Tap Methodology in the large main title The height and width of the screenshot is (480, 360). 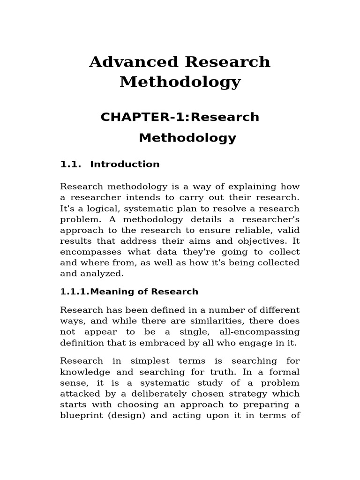point(180,82)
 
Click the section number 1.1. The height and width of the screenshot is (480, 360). point(71,165)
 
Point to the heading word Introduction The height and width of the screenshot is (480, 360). point(125,165)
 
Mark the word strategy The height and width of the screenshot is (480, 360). point(242,394)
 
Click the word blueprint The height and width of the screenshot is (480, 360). point(80,415)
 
